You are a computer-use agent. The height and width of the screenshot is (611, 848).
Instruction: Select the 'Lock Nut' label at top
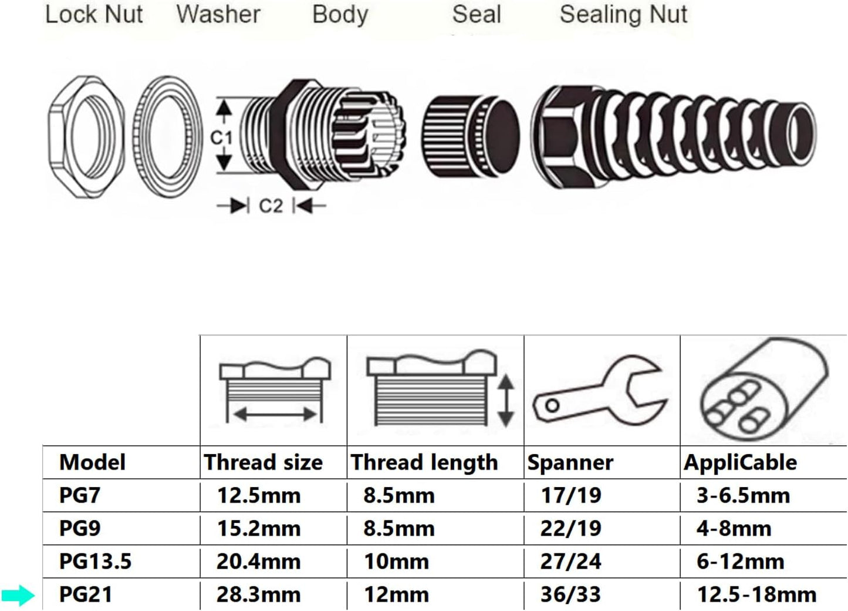coord(94,15)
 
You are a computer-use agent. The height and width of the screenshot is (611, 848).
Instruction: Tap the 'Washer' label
coord(218,15)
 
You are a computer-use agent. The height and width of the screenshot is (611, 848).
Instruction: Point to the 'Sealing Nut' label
coord(623,15)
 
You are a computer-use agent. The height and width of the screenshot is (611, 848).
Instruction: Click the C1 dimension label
coord(221,137)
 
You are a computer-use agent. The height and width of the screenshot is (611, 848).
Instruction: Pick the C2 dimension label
coord(271,206)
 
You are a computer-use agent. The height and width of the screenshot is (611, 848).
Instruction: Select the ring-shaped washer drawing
coord(166,137)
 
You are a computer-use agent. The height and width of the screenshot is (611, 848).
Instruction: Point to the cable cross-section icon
coord(763,391)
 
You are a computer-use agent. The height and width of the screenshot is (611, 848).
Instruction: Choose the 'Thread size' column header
coord(263,463)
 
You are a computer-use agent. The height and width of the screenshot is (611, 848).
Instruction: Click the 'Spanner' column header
coord(570,463)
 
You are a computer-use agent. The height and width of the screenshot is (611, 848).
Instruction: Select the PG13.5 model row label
coord(95,562)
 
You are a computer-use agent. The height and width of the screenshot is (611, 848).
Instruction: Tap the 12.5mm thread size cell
coord(258,496)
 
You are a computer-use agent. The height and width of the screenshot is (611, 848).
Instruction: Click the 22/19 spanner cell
coord(570,529)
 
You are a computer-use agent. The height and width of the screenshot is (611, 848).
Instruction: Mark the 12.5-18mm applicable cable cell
coord(756,595)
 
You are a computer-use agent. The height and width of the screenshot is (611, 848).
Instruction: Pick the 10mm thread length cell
coord(396,562)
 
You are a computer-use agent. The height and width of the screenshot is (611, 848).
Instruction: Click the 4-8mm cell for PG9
coord(734,529)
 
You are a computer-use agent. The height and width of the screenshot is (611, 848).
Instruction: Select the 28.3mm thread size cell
coord(258,595)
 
